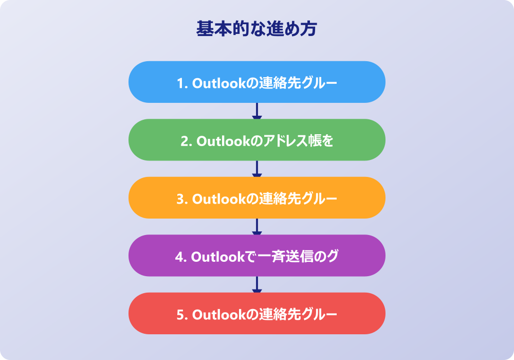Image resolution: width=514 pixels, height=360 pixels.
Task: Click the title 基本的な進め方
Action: [x=256, y=28]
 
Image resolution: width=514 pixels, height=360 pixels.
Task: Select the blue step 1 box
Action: [x=256, y=82]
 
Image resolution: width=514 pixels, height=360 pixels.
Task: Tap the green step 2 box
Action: [x=256, y=140]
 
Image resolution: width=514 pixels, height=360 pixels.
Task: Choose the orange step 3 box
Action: [x=256, y=197]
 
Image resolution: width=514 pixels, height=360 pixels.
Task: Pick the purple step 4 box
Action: [x=256, y=256]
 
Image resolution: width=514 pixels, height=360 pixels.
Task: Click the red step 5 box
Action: [x=256, y=313]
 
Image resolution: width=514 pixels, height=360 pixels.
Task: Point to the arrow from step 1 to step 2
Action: [x=256, y=111]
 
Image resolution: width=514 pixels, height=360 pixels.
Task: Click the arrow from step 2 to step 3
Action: [x=256, y=169]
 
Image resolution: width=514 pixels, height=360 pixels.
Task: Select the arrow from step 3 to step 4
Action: [x=256, y=227]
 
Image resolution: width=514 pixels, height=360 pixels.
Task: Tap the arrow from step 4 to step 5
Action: [x=256, y=284]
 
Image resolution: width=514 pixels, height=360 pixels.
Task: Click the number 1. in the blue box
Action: [x=182, y=83]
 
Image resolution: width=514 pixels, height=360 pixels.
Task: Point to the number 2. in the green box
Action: [x=186, y=141]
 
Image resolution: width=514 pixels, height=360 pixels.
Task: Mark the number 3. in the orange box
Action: [x=182, y=200]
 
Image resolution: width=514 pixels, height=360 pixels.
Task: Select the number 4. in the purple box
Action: [x=181, y=257]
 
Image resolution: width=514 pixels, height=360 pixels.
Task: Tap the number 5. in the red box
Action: [x=182, y=315]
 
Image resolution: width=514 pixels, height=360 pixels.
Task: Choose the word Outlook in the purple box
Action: [x=218, y=257]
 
